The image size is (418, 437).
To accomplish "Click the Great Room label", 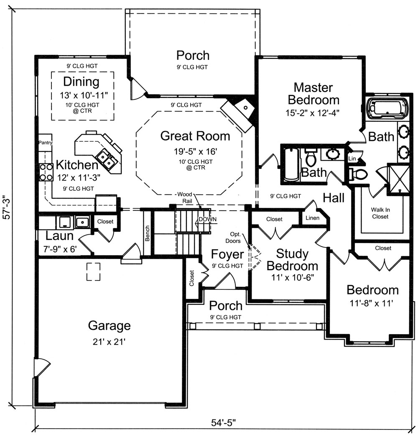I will (x=195, y=136).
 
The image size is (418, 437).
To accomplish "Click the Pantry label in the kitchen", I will (x=45, y=143).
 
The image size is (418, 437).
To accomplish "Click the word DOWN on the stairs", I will (x=207, y=219).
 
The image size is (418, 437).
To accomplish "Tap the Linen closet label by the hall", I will (x=312, y=218).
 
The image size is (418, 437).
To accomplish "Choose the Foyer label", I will (x=227, y=254).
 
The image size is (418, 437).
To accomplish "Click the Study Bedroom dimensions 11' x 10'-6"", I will (x=292, y=276).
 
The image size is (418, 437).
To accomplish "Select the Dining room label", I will (x=81, y=81).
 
